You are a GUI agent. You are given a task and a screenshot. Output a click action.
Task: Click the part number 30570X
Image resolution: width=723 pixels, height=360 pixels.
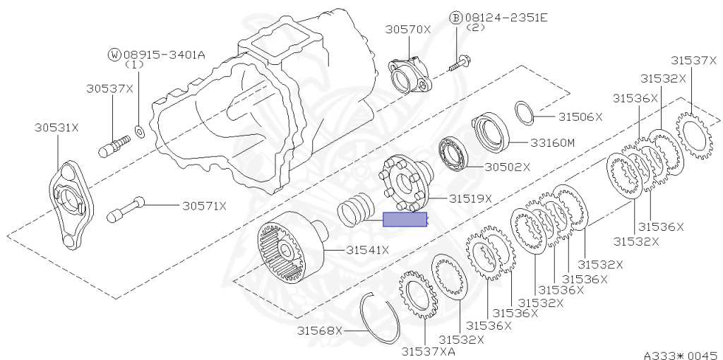point(407,29)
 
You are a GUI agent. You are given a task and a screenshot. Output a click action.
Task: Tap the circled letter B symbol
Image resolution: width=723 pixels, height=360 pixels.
point(455,17)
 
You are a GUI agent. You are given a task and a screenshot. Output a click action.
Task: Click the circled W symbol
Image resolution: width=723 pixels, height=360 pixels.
point(114,54)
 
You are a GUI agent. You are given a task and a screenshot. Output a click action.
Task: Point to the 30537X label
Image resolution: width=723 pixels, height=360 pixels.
point(109,88)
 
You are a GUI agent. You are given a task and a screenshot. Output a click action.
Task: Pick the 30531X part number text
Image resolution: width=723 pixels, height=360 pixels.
point(56,128)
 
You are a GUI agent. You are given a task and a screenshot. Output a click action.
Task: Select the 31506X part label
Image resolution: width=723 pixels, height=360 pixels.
point(580,116)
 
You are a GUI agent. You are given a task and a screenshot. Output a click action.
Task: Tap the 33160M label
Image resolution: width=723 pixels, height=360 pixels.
point(552,142)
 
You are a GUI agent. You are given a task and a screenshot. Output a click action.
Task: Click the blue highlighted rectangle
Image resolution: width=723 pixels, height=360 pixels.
point(405,220)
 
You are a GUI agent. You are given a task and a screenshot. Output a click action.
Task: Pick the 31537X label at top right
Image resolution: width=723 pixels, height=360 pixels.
point(693,61)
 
